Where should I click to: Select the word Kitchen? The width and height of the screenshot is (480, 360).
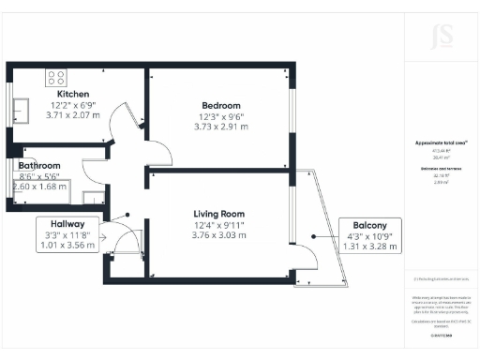pos(73,95)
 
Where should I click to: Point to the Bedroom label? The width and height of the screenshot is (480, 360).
pos(221,105)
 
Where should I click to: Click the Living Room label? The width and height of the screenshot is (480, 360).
pos(219,213)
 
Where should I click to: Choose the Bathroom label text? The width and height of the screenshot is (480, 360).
pos(39,166)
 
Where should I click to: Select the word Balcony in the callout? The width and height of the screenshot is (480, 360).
pos(366,225)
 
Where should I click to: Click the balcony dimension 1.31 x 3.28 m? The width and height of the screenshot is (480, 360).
pos(366,247)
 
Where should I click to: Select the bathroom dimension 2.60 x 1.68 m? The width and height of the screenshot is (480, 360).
pos(39,187)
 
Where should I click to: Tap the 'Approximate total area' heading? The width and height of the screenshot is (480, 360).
pos(441,143)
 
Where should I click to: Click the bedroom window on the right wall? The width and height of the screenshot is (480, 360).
pos(293,108)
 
